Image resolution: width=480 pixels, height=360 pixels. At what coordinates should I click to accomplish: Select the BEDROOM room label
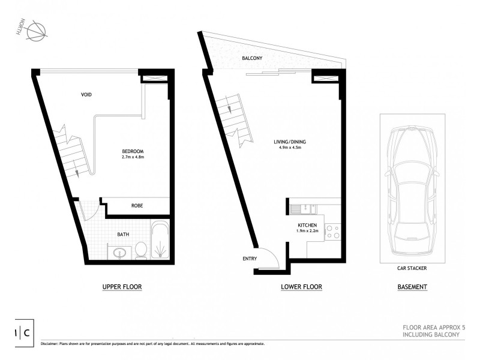click(131, 151)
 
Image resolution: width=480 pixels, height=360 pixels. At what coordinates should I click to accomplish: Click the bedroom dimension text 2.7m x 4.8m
click(131, 157)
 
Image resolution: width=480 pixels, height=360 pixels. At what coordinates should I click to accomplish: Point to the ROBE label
click(137, 206)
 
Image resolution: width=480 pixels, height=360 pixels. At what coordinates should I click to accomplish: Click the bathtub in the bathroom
click(160, 241)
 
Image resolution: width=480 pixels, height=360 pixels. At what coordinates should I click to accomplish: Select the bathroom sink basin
click(117, 251)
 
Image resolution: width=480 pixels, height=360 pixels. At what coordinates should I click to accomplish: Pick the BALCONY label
click(251, 59)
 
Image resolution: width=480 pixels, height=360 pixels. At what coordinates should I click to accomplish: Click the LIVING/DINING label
click(289, 142)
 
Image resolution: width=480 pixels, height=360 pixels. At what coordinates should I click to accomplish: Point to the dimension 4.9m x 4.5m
click(289, 149)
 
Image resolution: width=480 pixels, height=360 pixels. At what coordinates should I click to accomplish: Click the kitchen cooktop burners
click(333, 232)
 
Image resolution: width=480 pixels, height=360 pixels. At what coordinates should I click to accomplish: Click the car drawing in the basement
click(412, 186)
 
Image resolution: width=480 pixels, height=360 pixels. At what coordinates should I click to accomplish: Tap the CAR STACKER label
click(412, 269)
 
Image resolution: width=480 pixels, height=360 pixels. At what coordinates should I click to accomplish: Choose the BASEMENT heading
click(412, 287)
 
